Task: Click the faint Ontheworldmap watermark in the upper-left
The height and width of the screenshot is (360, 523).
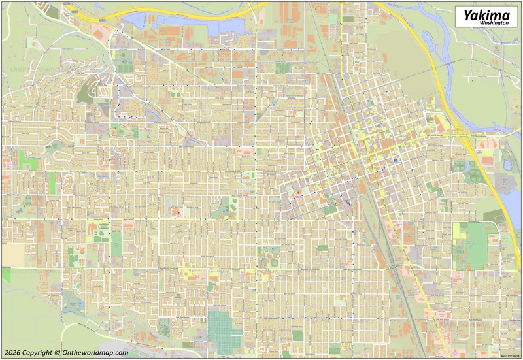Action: pyautogui.click(x=33, y=67)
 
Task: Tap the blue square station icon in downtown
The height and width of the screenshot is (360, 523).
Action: pyautogui.click(x=395, y=159)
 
